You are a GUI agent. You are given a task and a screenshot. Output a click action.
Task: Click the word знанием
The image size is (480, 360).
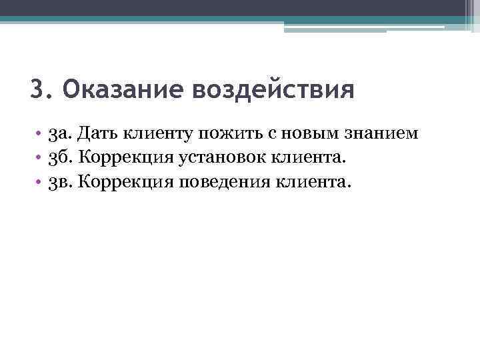(x=381, y=134)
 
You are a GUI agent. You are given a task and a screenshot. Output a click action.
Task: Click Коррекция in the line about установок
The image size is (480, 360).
(x=125, y=158)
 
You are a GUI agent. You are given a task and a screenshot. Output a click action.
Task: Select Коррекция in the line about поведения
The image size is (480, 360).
(x=125, y=182)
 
